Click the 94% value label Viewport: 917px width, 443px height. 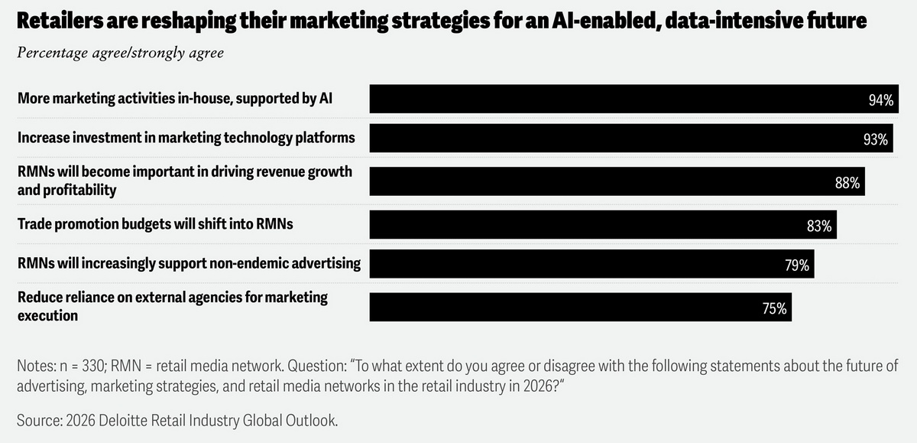(x=880, y=100)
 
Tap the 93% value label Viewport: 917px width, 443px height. (x=875, y=140)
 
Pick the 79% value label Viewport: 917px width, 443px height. (x=796, y=265)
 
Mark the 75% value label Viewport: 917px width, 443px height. (x=774, y=308)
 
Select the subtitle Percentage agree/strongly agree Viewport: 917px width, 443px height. (x=120, y=54)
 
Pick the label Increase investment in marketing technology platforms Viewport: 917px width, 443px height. (x=186, y=138)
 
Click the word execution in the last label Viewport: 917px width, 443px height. (x=47, y=314)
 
